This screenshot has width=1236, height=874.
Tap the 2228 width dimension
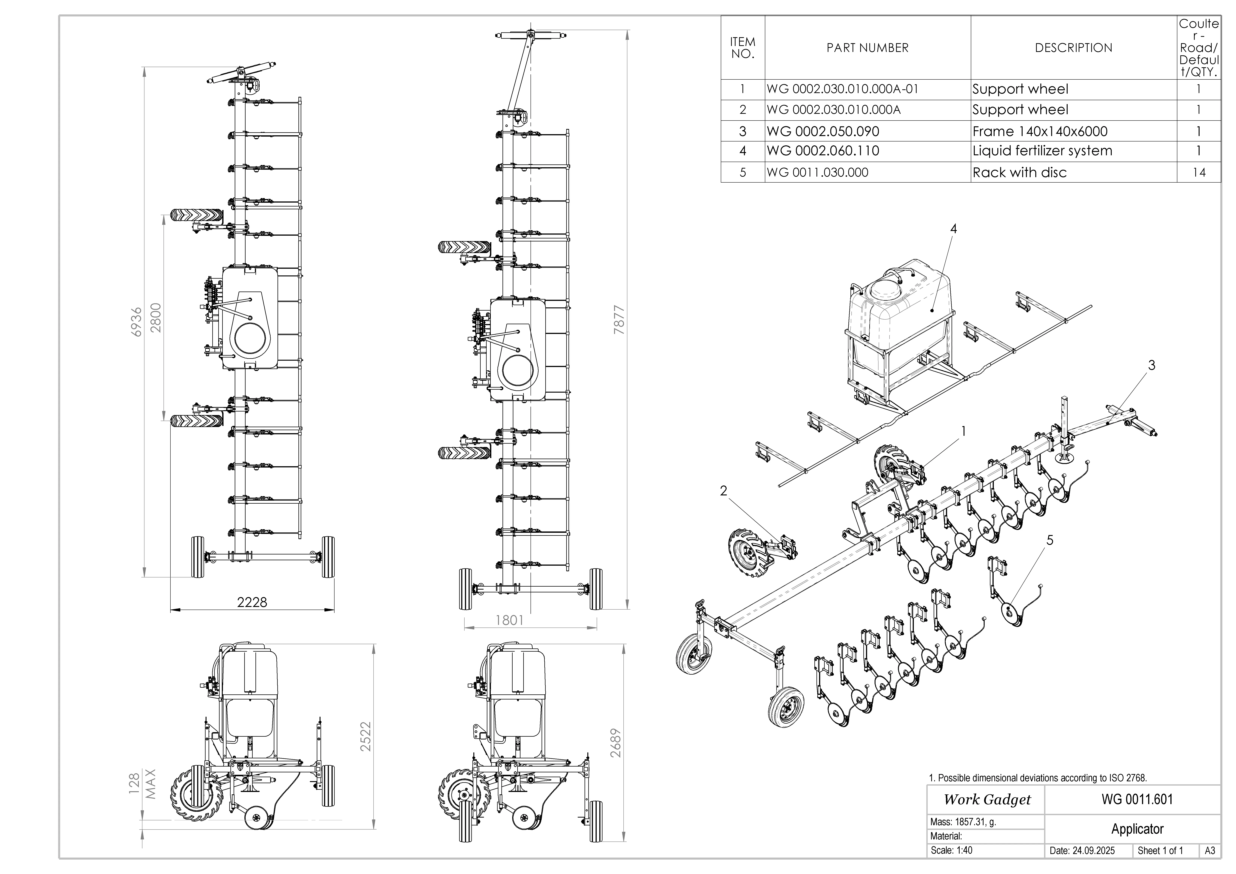pyautogui.click(x=252, y=602)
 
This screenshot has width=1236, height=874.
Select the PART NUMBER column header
pyautogui.click(x=867, y=48)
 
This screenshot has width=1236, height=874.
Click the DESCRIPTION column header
pyautogui.click(x=1073, y=48)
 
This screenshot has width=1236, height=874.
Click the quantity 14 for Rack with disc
pyautogui.click(x=1199, y=173)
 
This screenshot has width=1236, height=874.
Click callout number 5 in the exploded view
pyautogui.click(x=1050, y=540)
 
